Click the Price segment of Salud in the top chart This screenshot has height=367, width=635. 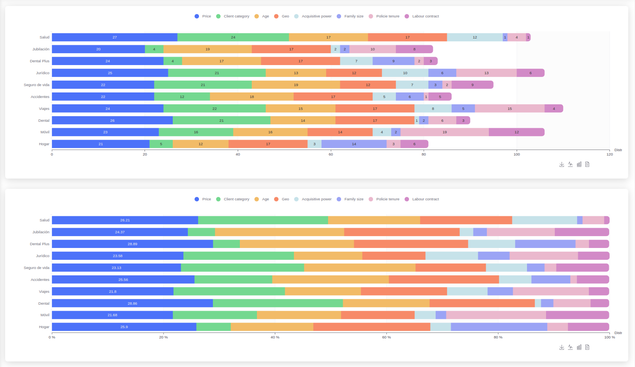pyautogui.click(x=114, y=37)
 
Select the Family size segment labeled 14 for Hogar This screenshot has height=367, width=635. pyautogui.click(x=354, y=144)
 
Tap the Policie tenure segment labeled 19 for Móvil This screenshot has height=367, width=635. pyautogui.click(x=444, y=132)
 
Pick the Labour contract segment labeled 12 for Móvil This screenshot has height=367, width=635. pyautogui.click(x=516, y=132)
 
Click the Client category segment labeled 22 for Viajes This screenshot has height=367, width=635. pyautogui.click(x=214, y=109)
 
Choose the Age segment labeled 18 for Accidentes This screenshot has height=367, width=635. pyautogui.click(x=252, y=97)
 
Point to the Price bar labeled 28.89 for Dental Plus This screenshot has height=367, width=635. pyautogui.click(x=132, y=244)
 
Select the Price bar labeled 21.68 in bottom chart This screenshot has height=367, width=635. pyautogui.click(x=112, y=315)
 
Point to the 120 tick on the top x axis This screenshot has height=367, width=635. pyautogui.click(x=610, y=154)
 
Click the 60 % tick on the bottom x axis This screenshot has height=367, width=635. pyautogui.click(x=386, y=337)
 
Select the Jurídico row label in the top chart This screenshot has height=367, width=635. pyautogui.click(x=42, y=73)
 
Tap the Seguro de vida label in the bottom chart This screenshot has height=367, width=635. pyautogui.click(x=37, y=268)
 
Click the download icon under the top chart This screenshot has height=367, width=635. pyautogui.click(x=562, y=164)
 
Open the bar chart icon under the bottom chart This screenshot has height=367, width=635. pyautogui.click(x=579, y=347)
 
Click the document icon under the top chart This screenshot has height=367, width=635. pyautogui.click(x=587, y=164)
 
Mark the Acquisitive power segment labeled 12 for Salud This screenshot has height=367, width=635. pyautogui.click(x=475, y=37)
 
